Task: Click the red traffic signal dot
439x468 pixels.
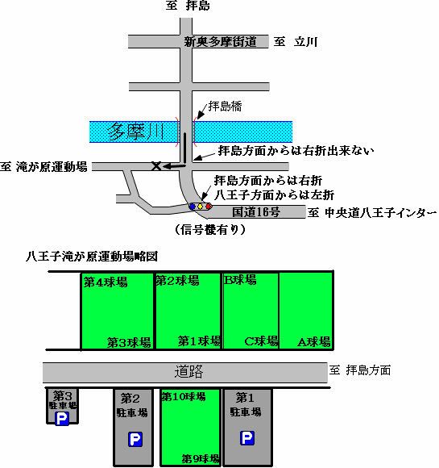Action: tap(208, 207)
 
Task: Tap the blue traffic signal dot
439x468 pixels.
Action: tap(193, 207)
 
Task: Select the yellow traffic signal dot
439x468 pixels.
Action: tap(200, 207)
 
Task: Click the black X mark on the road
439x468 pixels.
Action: tap(156, 166)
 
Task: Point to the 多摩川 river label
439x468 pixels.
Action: tap(136, 132)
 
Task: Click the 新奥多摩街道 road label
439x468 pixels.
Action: tap(220, 41)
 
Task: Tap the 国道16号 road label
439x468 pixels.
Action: tap(256, 212)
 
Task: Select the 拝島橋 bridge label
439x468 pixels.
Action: tap(225, 107)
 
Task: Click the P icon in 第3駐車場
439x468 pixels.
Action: tap(62, 419)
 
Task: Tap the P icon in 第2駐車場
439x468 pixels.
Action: tap(135, 439)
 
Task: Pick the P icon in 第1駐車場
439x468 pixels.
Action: tap(247, 438)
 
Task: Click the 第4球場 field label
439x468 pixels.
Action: tap(106, 282)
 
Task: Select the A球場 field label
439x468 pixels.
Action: tap(314, 342)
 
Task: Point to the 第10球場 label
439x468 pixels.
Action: tap(184, 396)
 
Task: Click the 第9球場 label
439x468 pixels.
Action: tap(201, 459)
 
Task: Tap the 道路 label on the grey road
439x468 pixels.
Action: tap(188, 372)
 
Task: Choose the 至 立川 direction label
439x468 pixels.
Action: tap(296, 41)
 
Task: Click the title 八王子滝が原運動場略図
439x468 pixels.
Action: tap(92, 257)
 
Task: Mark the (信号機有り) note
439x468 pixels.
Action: tap(210, 229)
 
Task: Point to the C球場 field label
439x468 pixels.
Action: tap(261, 341)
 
